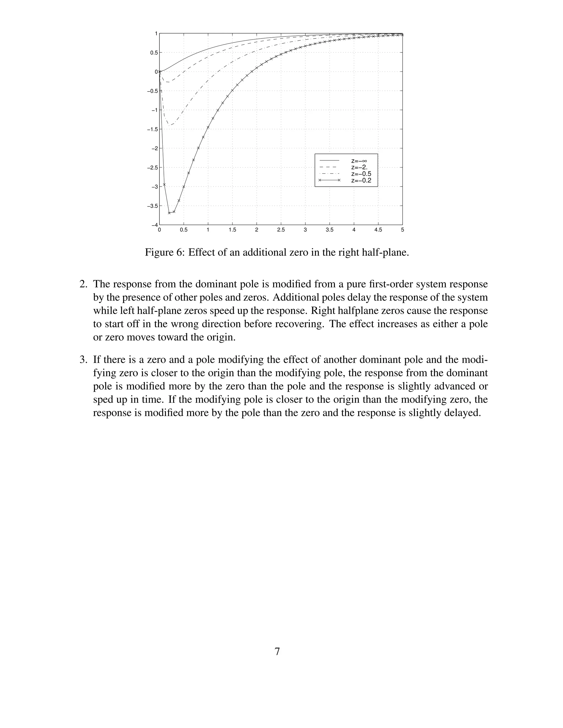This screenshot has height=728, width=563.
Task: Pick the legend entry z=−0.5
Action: (x=361, y=174)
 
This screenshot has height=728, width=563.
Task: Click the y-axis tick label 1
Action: (x=156, y=33)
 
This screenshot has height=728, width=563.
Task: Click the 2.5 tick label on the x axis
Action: (x=281, y=230)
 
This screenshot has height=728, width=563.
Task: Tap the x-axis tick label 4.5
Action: (x=378, y=230)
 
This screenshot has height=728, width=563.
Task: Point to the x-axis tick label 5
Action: (x=402, y=230)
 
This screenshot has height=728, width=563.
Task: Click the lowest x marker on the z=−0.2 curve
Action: (x=169, y=213)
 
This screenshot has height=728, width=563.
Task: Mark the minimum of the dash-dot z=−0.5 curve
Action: (x=170, y=125)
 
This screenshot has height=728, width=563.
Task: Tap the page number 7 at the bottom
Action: (x=277, y=651)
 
